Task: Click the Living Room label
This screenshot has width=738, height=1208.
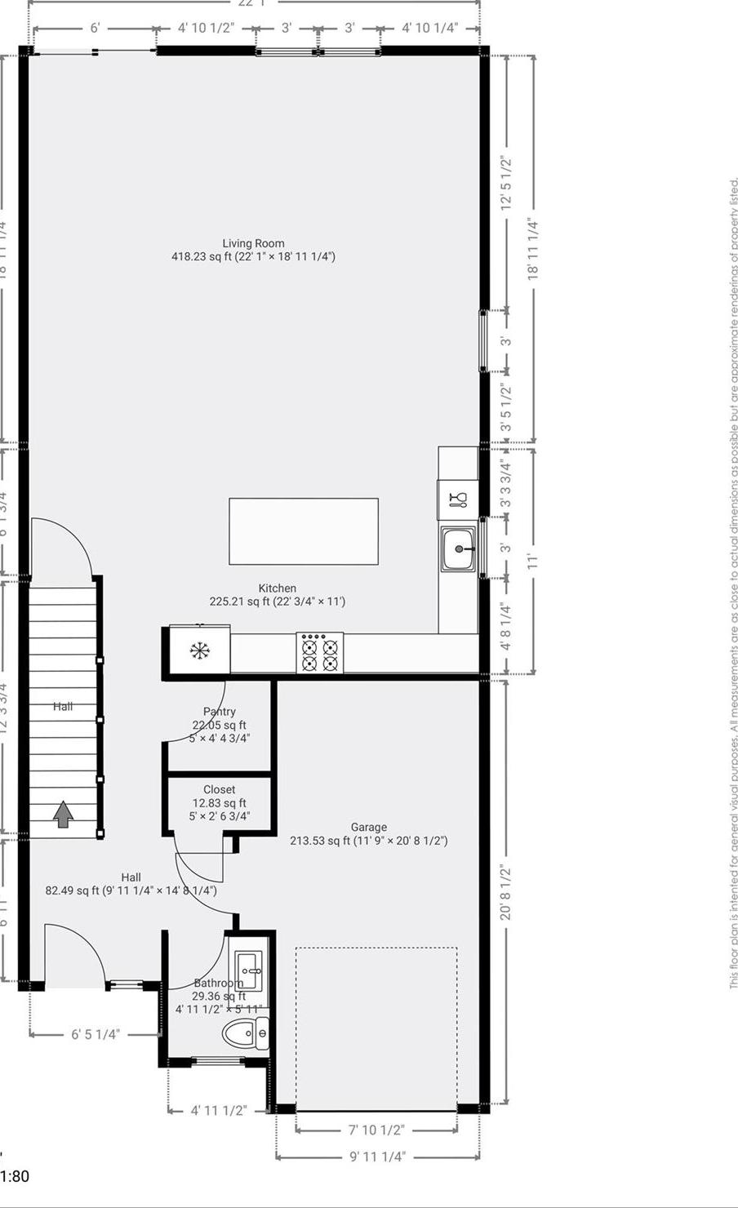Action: click(253, 243)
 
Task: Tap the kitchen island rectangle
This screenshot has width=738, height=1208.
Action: click(303, 531)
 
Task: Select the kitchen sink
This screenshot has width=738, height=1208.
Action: click(459, 549)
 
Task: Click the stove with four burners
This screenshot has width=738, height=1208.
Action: click(319, 653)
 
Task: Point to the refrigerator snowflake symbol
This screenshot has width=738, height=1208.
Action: click(198, 651)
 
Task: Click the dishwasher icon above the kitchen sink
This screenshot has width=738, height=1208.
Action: click(458, 499)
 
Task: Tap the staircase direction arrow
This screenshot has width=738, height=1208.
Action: click(63, 815)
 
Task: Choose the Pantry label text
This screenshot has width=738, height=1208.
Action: click(220, 712)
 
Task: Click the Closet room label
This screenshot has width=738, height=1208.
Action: click(220, 789)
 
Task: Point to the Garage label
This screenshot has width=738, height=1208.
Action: click(369, 827)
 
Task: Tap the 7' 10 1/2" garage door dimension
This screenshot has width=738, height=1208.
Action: click(376, 1130)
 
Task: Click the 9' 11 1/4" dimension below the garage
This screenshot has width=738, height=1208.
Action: click(377, 1157)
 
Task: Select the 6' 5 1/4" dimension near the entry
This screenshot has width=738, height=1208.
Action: click(95, 1034)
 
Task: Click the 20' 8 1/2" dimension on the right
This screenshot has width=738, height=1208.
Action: click(506, 892)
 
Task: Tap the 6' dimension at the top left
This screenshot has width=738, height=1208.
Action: click(95, 29)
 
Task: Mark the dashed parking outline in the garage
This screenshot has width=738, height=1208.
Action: click(376, 1028)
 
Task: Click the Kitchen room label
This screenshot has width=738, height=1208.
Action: click(278, 588)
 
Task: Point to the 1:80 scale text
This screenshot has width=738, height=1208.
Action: click(15, 1176)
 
